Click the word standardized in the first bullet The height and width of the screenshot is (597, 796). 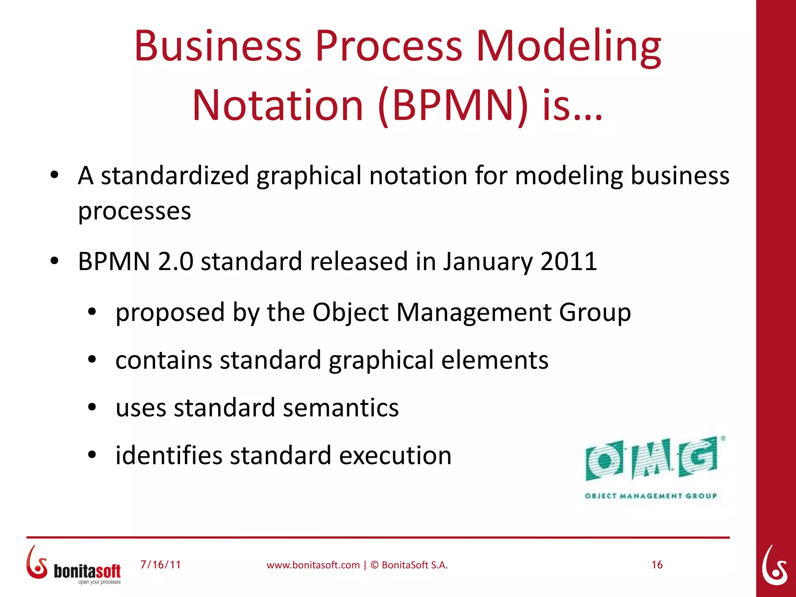tap(175, 176)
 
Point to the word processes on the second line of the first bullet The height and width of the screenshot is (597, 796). tap(134, 211)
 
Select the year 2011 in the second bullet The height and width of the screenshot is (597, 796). tap(569, 261)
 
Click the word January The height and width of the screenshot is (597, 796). tap(488, 261)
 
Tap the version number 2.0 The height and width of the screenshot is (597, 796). tap(175, 261)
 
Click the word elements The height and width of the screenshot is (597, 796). tap(495, 360)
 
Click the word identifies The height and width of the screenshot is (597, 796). tap(169, 456)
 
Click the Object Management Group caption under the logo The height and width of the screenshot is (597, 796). tap(651, 496)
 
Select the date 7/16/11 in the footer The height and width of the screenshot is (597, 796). tap(161, 565)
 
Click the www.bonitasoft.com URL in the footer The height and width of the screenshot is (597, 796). tap(313, 565)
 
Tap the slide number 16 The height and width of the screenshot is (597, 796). tap(657, 565)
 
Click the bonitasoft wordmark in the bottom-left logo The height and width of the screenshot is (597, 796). tap(87, 571)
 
